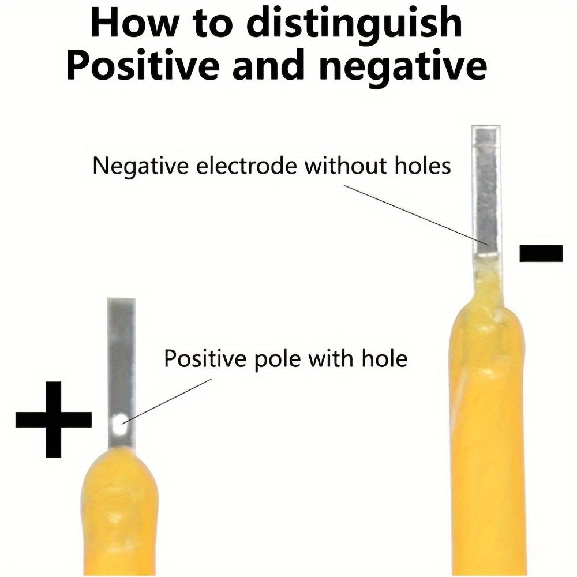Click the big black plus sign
53,419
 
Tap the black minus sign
541,253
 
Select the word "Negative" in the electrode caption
141,166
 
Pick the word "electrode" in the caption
246,166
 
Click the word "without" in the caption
346,166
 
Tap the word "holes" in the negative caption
422,166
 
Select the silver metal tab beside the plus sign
122,373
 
